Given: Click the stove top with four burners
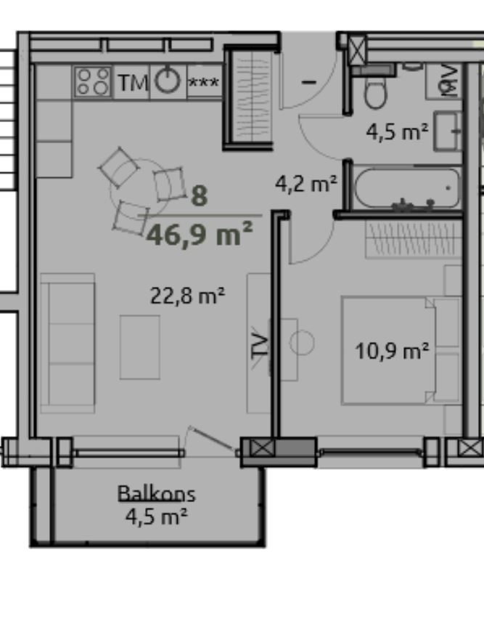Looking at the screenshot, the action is click(x=93, y=81).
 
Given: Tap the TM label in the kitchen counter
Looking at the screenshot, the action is click(x=133, y=83).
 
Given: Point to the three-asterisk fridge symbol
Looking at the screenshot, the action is click(x=203, y=83).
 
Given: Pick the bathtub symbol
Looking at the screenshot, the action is click(x=406, y=188).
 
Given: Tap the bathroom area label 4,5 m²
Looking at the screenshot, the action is click(x=397, y=131).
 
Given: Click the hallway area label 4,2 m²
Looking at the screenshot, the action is click(x=306, y=184).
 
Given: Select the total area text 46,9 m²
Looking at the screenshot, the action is click(x=200, y=234).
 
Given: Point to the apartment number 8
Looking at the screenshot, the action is click(x=200, y=196).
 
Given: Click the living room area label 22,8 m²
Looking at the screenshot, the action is click(x=187, y=296).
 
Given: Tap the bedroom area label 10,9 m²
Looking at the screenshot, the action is click(x=392, y=351).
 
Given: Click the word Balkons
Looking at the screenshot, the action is click(x=157, y=493).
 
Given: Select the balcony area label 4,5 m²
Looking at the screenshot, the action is click(x=156, y=516).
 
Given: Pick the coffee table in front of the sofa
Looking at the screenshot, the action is click(x=140, y=347).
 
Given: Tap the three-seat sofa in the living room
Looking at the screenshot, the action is click(x=67, y=343).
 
